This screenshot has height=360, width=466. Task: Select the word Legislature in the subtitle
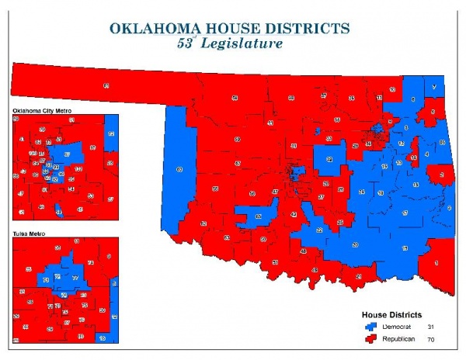click(242, 44)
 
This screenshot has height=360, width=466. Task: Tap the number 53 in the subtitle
click(188, 44)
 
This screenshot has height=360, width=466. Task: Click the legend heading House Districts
click(392, 315)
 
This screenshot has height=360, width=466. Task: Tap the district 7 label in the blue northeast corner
click(433, 86)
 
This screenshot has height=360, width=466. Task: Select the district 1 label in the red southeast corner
click(436, 264)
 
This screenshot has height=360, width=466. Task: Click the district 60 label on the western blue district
click(179, 169)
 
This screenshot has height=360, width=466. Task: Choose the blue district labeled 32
click(329, 159)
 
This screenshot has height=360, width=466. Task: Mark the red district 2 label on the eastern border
click(441, 175)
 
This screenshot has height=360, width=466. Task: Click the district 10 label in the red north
click(378, 99)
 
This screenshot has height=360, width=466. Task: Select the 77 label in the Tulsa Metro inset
click(75, 277)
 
